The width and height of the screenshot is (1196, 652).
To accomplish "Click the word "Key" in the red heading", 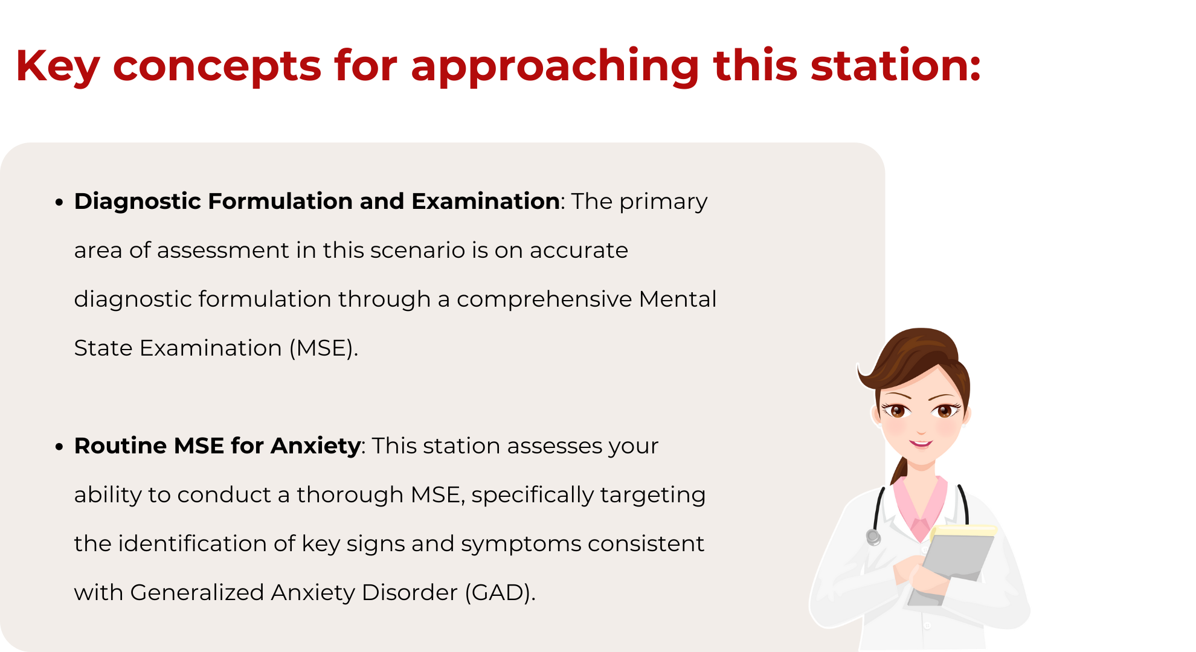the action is point(57,66).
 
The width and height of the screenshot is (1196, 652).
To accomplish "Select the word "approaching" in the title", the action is point(555,66).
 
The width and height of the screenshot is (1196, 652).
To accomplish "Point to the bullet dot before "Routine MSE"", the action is point(59,447).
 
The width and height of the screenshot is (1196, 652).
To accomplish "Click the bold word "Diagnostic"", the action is point(138,202).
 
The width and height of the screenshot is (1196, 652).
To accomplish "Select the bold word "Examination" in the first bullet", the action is point(486,201).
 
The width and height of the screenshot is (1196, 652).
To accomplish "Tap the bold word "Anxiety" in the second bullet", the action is point(316,446).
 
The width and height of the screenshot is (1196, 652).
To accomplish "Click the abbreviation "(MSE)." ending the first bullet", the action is point(324,348).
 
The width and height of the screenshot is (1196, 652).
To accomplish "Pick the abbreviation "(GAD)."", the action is point(500,593).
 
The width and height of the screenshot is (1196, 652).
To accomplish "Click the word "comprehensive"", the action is point(544,300).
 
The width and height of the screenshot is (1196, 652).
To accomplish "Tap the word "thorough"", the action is point(350,495).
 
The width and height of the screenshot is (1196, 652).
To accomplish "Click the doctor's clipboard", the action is point(953,564).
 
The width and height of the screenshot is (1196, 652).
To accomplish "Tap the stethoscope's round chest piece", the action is point(873,537).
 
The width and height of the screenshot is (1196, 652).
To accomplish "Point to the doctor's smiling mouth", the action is point(921,444).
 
